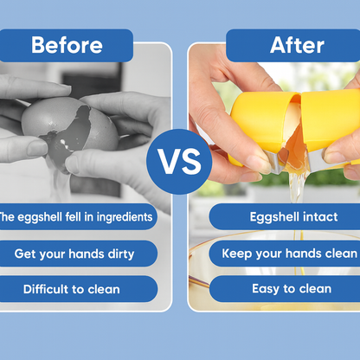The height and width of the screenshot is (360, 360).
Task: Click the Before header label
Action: coord(67,45)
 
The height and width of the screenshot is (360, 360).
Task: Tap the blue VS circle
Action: coord(180,161)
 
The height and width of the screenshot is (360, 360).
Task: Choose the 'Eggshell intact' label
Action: coord(284,217)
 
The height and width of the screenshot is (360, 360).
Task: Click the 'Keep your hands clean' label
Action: coord(289,254)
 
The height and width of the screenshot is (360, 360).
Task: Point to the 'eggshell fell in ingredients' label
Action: coord(77,217)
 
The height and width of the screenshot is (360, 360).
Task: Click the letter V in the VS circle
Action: coord(169,161)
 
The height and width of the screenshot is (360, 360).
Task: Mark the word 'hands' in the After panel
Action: coord(301,254)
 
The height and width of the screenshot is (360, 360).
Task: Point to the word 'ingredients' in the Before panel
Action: coord(119,217)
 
